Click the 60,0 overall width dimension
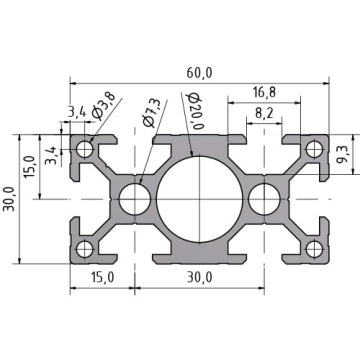[199, 73]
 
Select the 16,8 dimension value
[264, 92]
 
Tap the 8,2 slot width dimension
[264, 113]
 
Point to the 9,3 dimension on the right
[342, 156]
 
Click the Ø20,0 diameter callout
[196, 111]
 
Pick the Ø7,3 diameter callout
[152, 114]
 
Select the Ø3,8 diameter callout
[104, 105]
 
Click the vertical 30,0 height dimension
[9, 199]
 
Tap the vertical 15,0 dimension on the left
[30, 166]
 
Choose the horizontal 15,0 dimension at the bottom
[102, 277]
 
